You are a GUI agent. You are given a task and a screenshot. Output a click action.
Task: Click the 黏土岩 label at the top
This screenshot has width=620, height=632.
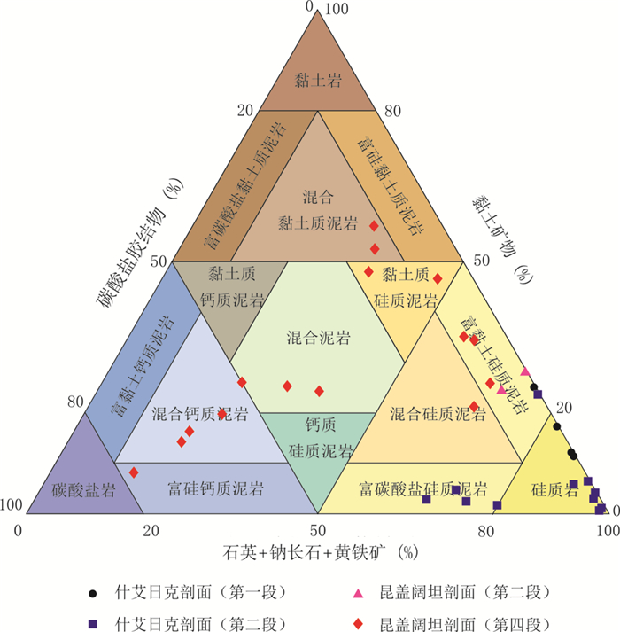click(x=318, y=82)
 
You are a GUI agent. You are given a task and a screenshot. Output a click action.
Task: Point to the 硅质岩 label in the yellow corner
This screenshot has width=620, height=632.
click(x=554, y=488)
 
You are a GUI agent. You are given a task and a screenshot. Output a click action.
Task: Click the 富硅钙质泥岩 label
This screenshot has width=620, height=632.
click(x=216, y=488)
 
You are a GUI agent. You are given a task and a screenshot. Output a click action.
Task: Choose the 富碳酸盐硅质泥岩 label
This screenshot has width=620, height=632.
click(x=423, y=488)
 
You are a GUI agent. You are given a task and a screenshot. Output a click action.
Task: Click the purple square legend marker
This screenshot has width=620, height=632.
click(x=93, y=621)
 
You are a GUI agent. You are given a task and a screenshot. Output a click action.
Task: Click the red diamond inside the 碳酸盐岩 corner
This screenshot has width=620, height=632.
click(x=134, y=472)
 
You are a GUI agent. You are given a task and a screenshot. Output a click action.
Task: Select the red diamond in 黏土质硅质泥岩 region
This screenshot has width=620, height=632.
click(x=437, y=279)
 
